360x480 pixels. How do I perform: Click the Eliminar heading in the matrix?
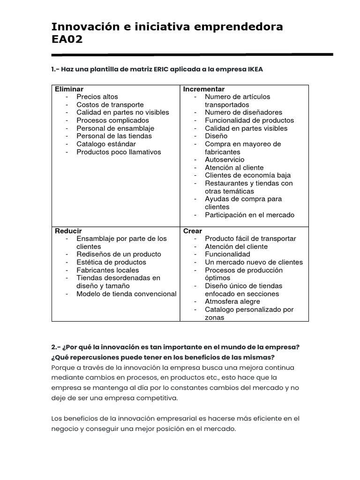pyautogui.click(x=69, y=89)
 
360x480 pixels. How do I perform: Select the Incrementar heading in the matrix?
pyautogui.click(x=204, y=89)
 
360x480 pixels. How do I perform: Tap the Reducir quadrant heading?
pyautogui.click(x=68, y=231)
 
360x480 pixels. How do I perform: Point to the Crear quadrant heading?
pyautogui.click(x=193, y=231)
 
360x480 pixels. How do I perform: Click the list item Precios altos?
pyautogui.click(x=97, y=97)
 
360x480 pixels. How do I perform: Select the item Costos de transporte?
pyautogui.click(x=110, y=105)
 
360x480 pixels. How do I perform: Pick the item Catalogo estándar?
pyautogui.click(x=106, y=144)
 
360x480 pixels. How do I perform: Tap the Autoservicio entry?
pyautogui.click(x=225, y=160)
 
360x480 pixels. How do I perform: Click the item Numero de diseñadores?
pyautogui.click(x=244, y=112)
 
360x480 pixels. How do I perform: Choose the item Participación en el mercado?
pyautogui.click(x=250, y=215)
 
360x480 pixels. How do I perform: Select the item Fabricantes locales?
pyautogui.click(x=108, y=270)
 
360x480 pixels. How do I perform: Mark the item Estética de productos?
pyautogui.click(x=112, y=262)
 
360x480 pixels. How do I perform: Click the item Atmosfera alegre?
pyautogui.click(x=232, y=302)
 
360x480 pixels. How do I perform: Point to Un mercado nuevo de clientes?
pyautogui.click(x=254, y=262)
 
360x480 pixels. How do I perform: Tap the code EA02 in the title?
pyautogui.click(x=67, y=39)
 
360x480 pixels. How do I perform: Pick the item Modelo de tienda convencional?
pyautogui.click(x=127, y=294)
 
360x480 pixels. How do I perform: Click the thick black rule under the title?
pyautogui.click(x=192, y=55)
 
